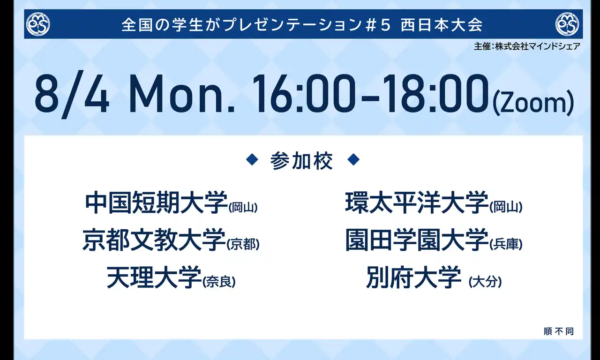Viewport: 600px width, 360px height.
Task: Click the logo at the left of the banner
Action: coord(38,24)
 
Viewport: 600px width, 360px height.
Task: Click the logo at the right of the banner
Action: coord(567,24)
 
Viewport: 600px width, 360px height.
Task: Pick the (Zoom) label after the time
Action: coord(533,103)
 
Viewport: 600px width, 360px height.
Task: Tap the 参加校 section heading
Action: coord(301,161)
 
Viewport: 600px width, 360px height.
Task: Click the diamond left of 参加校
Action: coord(252,160)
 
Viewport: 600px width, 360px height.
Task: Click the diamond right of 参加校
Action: coord(353,160)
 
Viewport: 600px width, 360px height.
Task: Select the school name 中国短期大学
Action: coord(157,203)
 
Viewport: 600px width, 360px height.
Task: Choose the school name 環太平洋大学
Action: coord(417,203)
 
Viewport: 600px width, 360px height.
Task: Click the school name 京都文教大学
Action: coord(154,240)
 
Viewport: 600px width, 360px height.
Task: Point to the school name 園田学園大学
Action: coord(417,240)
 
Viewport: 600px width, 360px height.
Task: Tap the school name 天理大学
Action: coord(154,277)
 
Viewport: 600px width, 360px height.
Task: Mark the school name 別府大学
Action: coord(413,277)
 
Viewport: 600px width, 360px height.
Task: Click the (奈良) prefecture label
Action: coord(219,282)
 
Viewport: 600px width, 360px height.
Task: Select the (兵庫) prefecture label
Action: coord(506,244)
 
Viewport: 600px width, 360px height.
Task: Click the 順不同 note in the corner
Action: coord(559,331)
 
